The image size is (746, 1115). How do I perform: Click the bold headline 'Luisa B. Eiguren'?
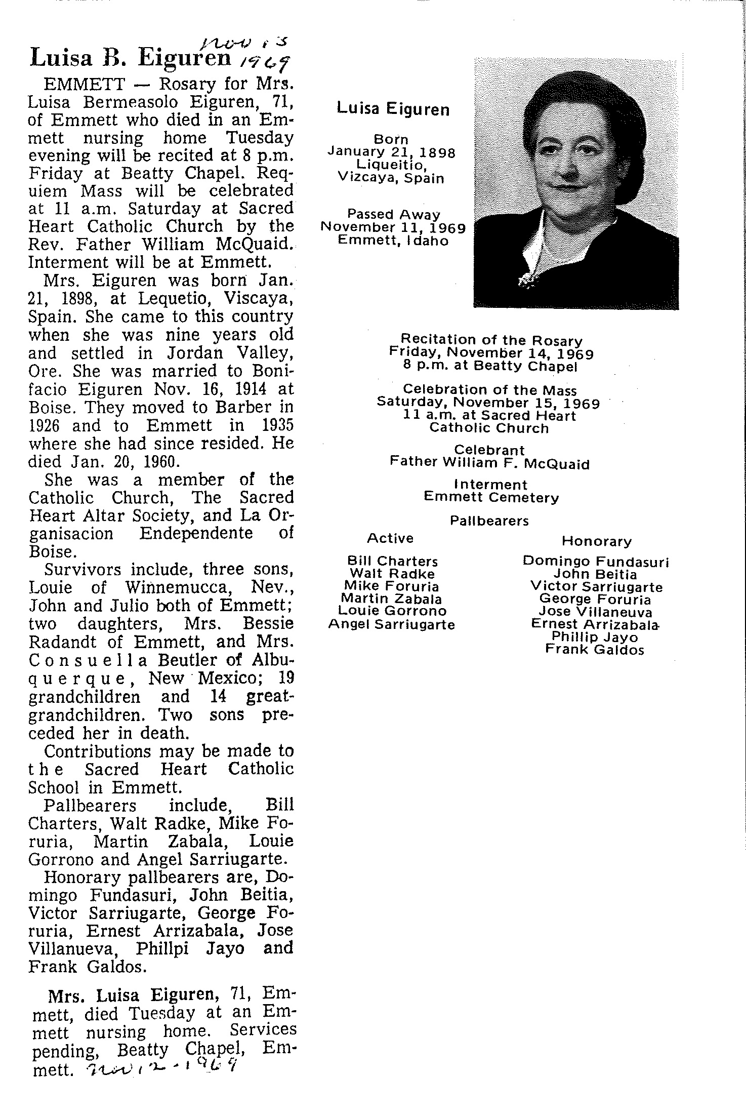(x=130, y=58)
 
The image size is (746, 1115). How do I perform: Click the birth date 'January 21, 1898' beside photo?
(x=391, y=152)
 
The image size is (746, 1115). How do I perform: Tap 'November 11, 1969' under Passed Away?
(x=393, y=228)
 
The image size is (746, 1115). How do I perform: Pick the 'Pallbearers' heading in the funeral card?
(x=489, y=521)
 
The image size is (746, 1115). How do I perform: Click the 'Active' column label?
(x=390, y=538)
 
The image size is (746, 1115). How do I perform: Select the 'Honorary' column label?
(x=597, y=541)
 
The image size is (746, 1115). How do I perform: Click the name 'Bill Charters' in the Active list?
(x=392, y=561)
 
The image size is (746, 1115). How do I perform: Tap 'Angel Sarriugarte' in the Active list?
(x=391, y=625)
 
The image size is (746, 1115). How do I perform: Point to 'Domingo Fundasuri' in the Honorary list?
(x=596, y=562)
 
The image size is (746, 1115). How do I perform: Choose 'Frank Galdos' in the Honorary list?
(x=595, y=650)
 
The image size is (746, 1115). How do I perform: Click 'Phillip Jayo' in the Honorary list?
(x=595, y=637)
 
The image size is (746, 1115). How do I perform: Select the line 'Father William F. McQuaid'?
(x=489, y=463)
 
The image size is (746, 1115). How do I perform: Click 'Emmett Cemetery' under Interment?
(x=491, y=498)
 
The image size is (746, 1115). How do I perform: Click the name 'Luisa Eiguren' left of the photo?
(x=393, y=109)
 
